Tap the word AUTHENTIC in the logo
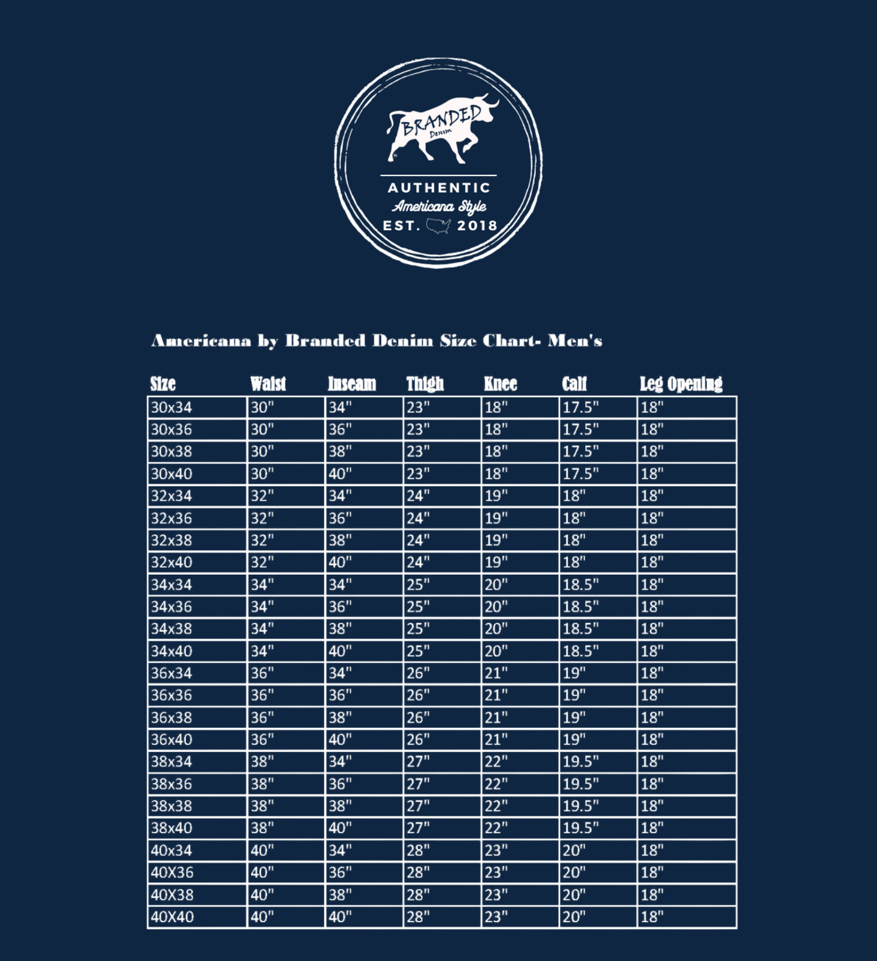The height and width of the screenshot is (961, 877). (439, 188)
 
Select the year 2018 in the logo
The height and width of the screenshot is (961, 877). (477, 226)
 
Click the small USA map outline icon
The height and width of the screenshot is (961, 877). (438, 226)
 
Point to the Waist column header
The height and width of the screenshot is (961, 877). (268, 384)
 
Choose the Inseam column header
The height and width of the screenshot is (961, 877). (352, 384)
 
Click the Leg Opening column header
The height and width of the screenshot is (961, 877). (681, 384)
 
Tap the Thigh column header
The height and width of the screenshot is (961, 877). (425, 384)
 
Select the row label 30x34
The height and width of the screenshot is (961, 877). (171, 407)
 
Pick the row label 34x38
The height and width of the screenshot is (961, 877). (171, 629)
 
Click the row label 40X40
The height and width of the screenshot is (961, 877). (172, 917)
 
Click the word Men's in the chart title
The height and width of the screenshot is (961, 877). (575, 341)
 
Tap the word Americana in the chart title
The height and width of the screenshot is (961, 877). (201, 341)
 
